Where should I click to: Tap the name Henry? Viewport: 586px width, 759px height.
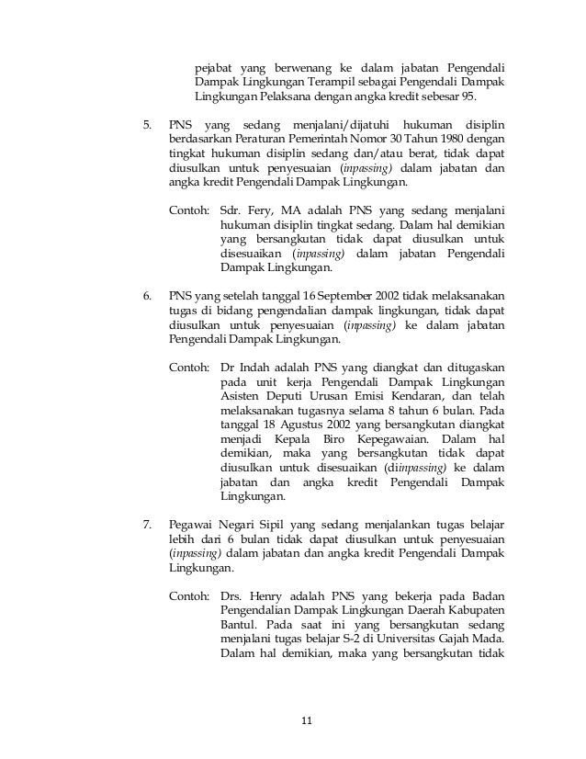[x=270, y=595]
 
